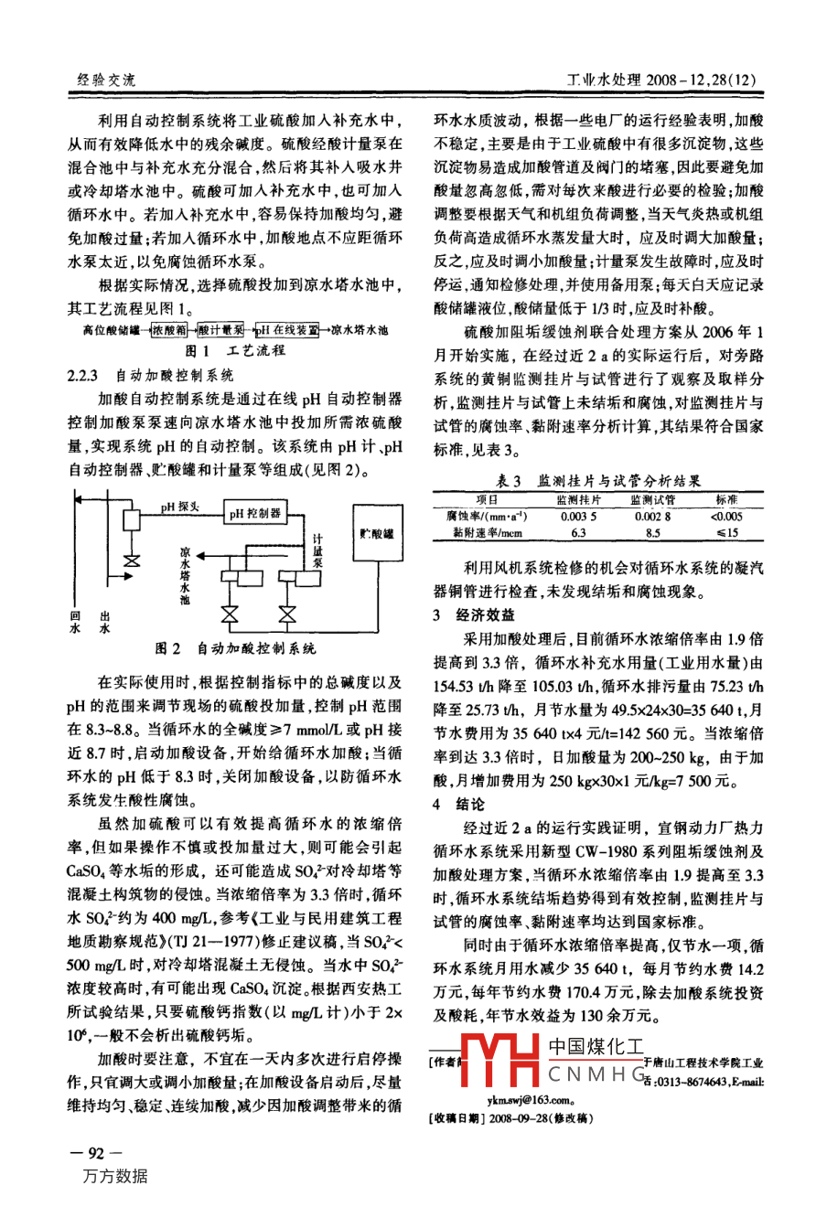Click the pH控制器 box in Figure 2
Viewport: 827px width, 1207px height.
click(255, 513)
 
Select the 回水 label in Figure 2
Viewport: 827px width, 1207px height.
click(76, 622)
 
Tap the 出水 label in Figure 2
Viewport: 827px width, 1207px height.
click(104, 622)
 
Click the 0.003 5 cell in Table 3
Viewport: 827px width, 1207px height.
click(578, 516)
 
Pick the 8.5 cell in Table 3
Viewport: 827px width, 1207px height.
click(652, 531)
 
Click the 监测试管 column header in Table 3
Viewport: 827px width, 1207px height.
click(652, 500)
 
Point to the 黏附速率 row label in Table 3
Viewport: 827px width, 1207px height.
click(487, 531)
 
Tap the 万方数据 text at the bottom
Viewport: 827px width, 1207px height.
click(114, 1177)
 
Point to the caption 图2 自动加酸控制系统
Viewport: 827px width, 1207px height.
click(236, 648)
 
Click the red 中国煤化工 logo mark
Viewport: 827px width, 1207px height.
click(501, 1062)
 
